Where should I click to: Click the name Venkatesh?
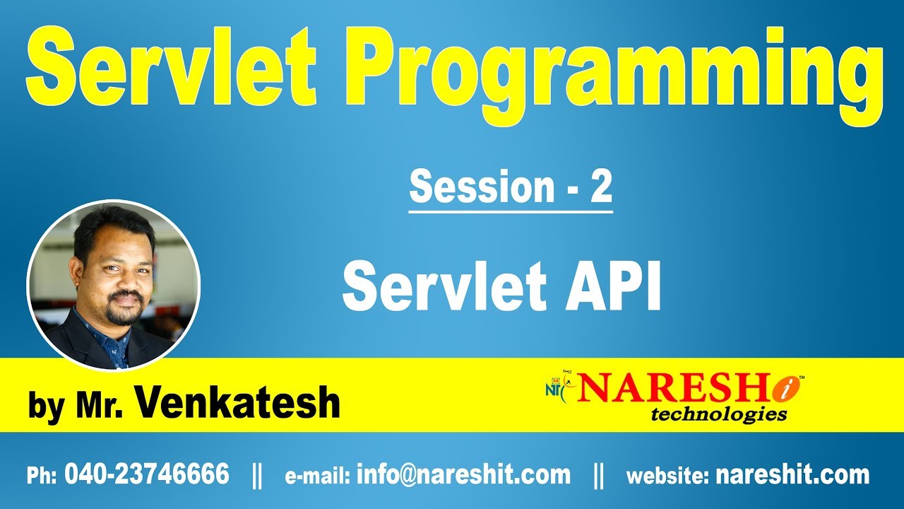pyautogui.click(x=237, y=402)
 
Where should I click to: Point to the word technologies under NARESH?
pyautogui.click(x=719, y=414)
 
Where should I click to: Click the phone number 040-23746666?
pyautogui.click(x=147, y=474)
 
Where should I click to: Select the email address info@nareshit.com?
pyautogui.click(x=463, y=474)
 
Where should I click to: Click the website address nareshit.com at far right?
pyautogui.click(x=792, y=474)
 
